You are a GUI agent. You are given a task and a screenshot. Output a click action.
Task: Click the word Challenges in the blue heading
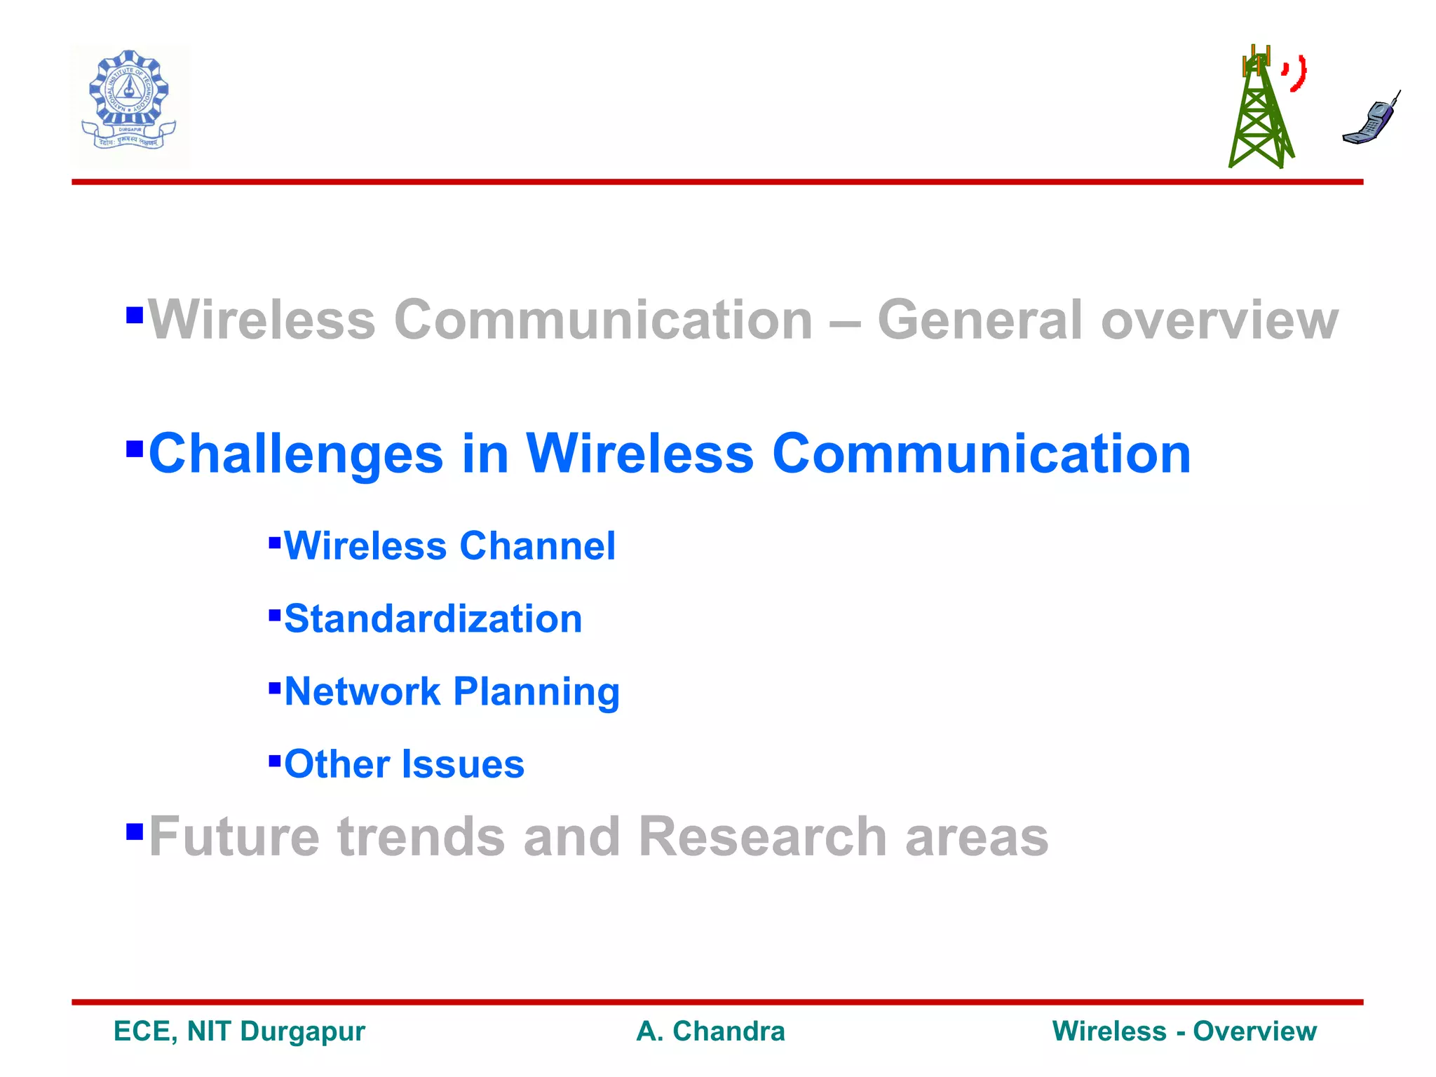click(296, 454)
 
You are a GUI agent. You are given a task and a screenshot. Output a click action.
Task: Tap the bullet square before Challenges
click(134, 447)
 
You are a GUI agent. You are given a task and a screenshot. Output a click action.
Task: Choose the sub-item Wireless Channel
click(449, 546)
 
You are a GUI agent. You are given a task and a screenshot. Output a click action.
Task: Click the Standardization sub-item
click(433, 618)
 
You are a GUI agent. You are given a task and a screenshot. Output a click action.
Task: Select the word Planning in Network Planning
click(536, 692)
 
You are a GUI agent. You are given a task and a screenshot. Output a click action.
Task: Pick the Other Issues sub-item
click(404, 764)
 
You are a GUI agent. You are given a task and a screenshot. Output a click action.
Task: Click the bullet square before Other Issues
click(275, 759)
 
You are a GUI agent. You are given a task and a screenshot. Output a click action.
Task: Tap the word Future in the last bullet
click(234, 836)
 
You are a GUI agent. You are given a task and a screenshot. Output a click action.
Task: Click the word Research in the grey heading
click(763, 836)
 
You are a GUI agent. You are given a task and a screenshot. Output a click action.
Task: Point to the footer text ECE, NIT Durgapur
click(239, 1031)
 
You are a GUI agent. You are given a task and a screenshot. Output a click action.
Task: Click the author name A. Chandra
click(710, 1031)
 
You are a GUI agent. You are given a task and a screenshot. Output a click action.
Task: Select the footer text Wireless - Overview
click(1184, 1031)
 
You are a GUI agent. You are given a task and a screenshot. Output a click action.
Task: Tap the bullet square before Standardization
click(275, 615)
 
